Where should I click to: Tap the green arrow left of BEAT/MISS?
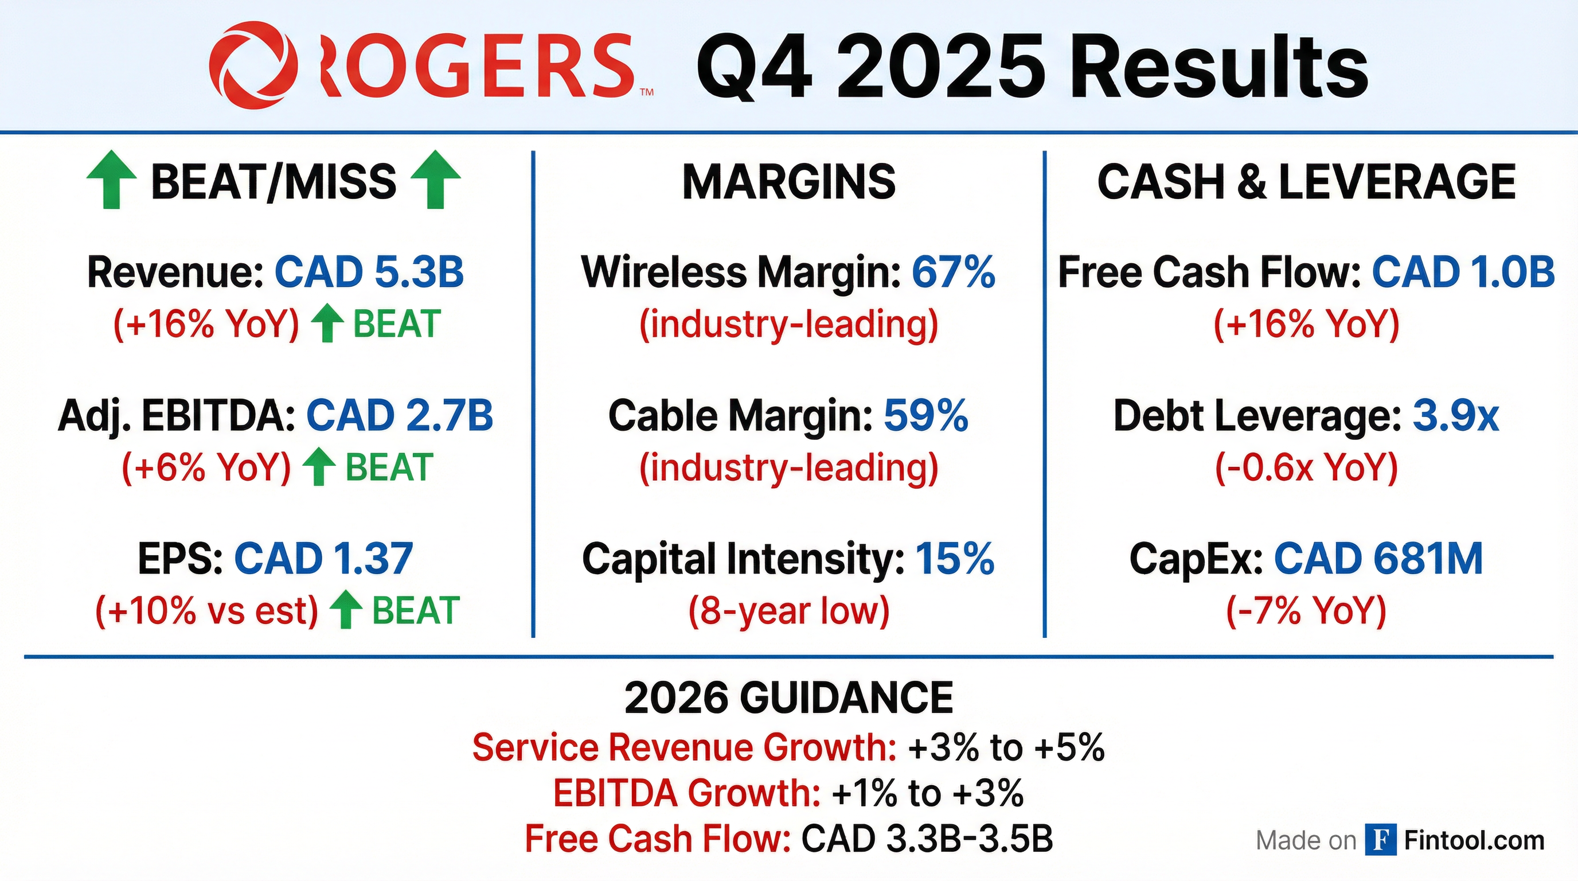tap(111, 180)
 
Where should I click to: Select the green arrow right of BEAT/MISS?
tap(435, 180)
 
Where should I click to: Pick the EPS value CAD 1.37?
tap(323, 558)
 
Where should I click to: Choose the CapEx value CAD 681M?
tap(1378, 558)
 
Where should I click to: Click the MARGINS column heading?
tap(789, 181)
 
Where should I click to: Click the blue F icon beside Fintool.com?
tap(1381, 839)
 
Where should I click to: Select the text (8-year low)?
tap(789, 610)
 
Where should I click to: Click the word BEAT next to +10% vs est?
tap(416, 610)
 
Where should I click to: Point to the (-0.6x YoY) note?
tap(1307, 467)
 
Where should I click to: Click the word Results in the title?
tap(1220, 65)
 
